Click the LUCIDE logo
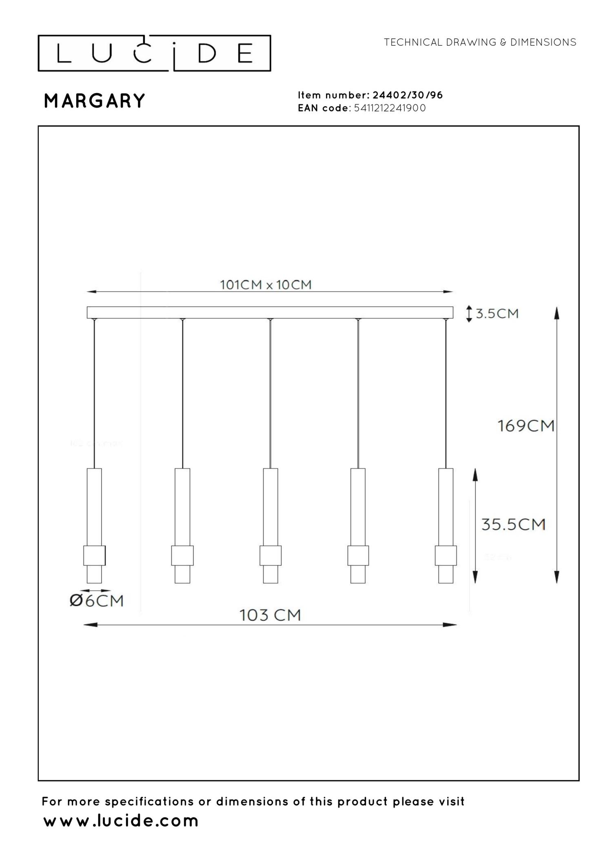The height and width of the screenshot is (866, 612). coord(154,53)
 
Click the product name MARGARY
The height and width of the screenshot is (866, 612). coord(94,101)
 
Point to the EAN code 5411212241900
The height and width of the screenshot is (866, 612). coord(390,108)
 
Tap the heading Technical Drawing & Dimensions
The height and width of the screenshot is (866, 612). coord(480,42)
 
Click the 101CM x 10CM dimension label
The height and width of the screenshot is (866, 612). coord(266,284)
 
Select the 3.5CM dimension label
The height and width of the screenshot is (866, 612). coord(497,313)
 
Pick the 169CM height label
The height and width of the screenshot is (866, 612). coord(526,426)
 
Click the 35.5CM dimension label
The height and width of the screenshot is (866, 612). coord(513,524)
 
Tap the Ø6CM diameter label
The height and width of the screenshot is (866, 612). coord(96,601)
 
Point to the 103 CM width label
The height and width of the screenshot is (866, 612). coord(270,615)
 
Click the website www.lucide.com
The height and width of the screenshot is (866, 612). coord(121,821)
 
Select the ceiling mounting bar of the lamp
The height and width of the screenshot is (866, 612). coord(270,312)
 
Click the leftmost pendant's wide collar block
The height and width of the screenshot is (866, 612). coord(94,555)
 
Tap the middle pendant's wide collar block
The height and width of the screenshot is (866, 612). coord(271,555)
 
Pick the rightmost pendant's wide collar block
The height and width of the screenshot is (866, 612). coord(446,555)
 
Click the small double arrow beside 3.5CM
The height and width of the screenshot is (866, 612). coord(469,314)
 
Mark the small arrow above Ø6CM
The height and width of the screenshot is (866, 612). coord(95,590)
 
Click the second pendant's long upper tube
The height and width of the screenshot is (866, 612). coord(182,506)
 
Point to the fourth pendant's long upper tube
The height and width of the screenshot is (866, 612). coord(358,506)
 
